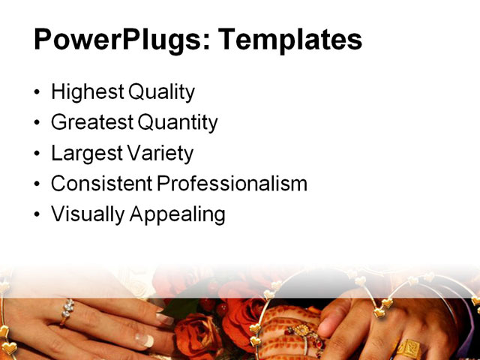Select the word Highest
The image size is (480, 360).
coord(88,93)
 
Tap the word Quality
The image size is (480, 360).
coord(161,93)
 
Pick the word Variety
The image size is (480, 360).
coord(159,154)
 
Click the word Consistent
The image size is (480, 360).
coord(101,184)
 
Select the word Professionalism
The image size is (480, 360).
coord(232,184)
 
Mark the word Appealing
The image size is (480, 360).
coord(178,214)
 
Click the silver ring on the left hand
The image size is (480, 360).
coord(67,310)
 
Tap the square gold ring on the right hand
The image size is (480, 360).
coord(409,348)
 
